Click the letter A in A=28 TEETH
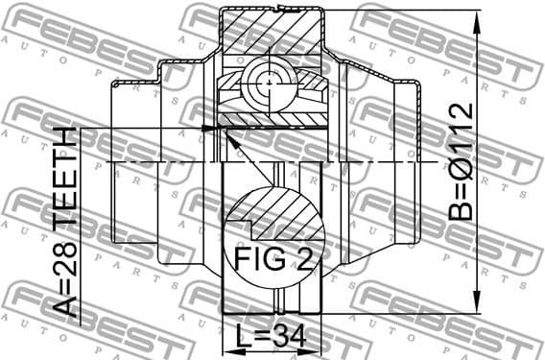[65, 306]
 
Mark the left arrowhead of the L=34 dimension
[226, 349]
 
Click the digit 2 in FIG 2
[306, 259]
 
